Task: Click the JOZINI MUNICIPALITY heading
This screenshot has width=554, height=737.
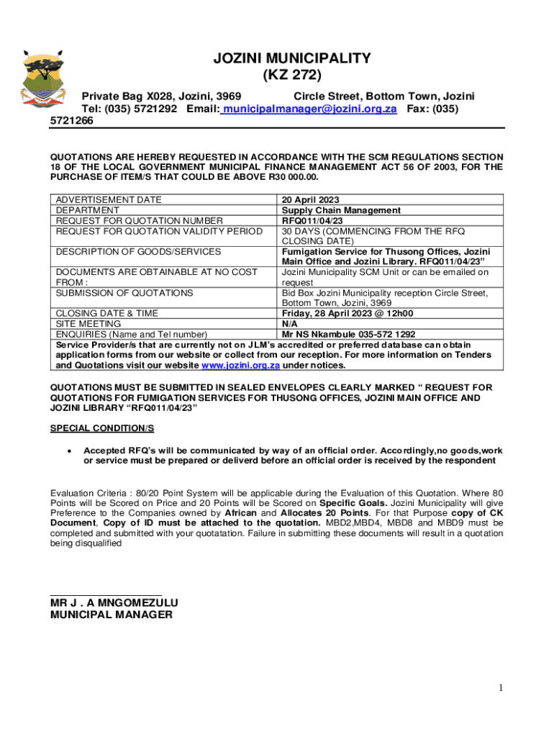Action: [x=292, y=58]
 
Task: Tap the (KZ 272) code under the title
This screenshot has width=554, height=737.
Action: [x=292, y=75]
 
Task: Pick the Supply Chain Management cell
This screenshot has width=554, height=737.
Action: [x=341, y=210]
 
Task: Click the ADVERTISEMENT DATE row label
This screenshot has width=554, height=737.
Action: [x=109, y=200]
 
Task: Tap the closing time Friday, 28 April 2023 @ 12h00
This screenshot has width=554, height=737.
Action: [x=348, y=314]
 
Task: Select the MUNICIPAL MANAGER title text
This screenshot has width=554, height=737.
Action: [x=111, y=615]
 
